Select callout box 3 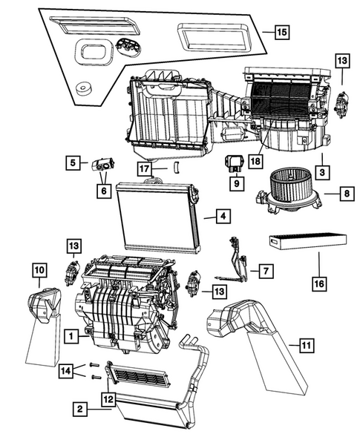click(x=321, y=171)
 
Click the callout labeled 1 click(x=71, y=336)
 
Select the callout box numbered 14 click(x=67, y=370)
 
